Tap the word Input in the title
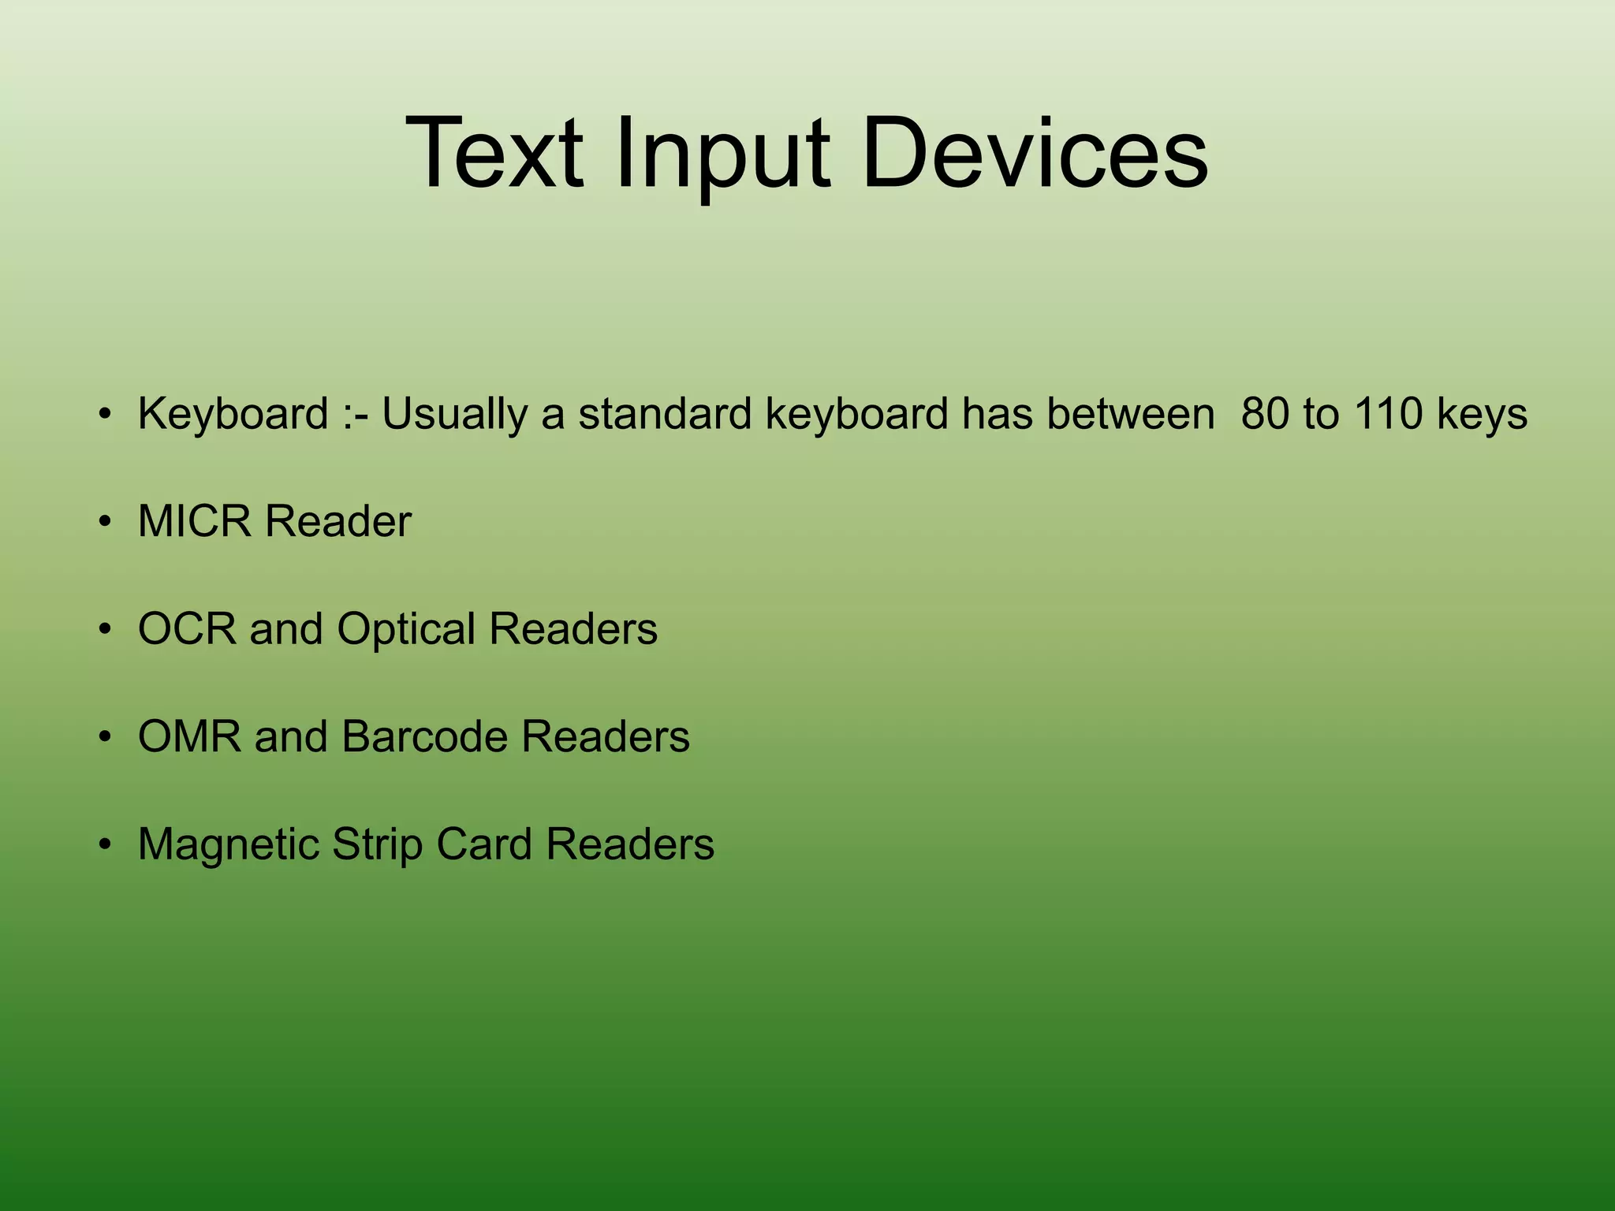pos(723,154)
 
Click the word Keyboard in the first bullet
pos(233,415)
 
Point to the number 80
pos(1265,413)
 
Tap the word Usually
pos(455,415)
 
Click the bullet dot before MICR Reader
pos(105,522)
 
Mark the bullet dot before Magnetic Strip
pos(105,844)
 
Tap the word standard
pos(665,413)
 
